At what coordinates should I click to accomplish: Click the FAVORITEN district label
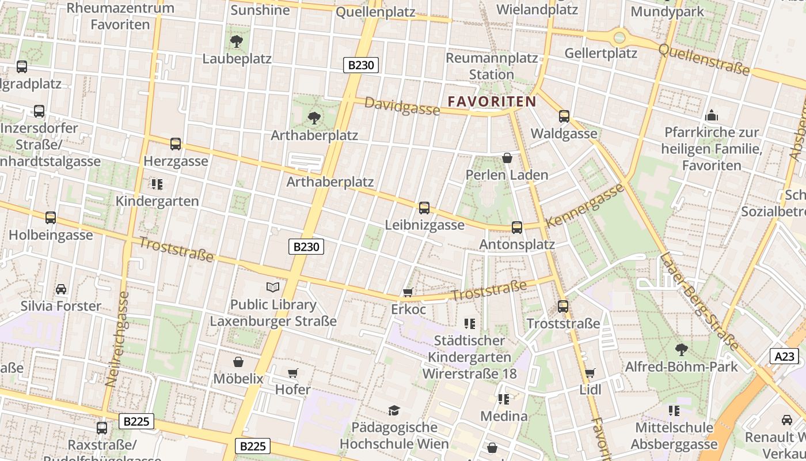[492, 101]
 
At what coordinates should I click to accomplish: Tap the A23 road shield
[784, 356]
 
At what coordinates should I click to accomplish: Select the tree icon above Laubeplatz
[236, 41]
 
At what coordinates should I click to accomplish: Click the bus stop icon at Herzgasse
[176, 144]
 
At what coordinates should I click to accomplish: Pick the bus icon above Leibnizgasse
[424, 208]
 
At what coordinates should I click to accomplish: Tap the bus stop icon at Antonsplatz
[517, 228]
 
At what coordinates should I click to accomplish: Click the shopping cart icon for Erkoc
[408, 293]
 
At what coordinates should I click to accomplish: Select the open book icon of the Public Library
[273, 287]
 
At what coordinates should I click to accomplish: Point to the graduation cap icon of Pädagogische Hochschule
[394, 410]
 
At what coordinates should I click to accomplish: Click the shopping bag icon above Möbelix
[238, 362]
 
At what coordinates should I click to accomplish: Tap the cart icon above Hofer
[292, 373]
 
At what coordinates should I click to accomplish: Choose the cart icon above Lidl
[590, 373]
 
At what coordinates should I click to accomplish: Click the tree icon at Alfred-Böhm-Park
[681, 349]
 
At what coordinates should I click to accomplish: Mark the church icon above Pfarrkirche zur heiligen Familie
[712, 115]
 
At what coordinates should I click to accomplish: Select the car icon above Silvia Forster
[61, 289]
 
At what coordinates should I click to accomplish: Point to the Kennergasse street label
[584, 206]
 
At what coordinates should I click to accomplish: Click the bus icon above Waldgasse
[564, 116]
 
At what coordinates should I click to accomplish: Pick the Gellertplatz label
[600, 54]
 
